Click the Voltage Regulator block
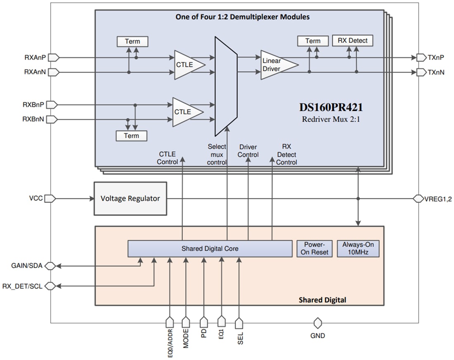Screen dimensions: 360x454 point(130,198)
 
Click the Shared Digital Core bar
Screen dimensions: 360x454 point(210,249)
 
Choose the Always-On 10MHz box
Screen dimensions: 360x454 point(358,248)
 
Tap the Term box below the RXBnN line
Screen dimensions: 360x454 point(132,136)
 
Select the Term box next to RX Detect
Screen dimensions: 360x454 point(312,41)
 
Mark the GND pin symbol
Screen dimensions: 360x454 point(317,323)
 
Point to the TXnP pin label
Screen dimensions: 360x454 point(436,57)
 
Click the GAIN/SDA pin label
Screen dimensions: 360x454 point(26,266)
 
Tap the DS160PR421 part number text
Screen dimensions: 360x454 point(331,108)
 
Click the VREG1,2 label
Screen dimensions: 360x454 point(439,199)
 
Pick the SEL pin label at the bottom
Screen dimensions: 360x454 point(240,338)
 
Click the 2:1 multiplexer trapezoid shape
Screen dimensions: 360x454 point(225,86)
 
